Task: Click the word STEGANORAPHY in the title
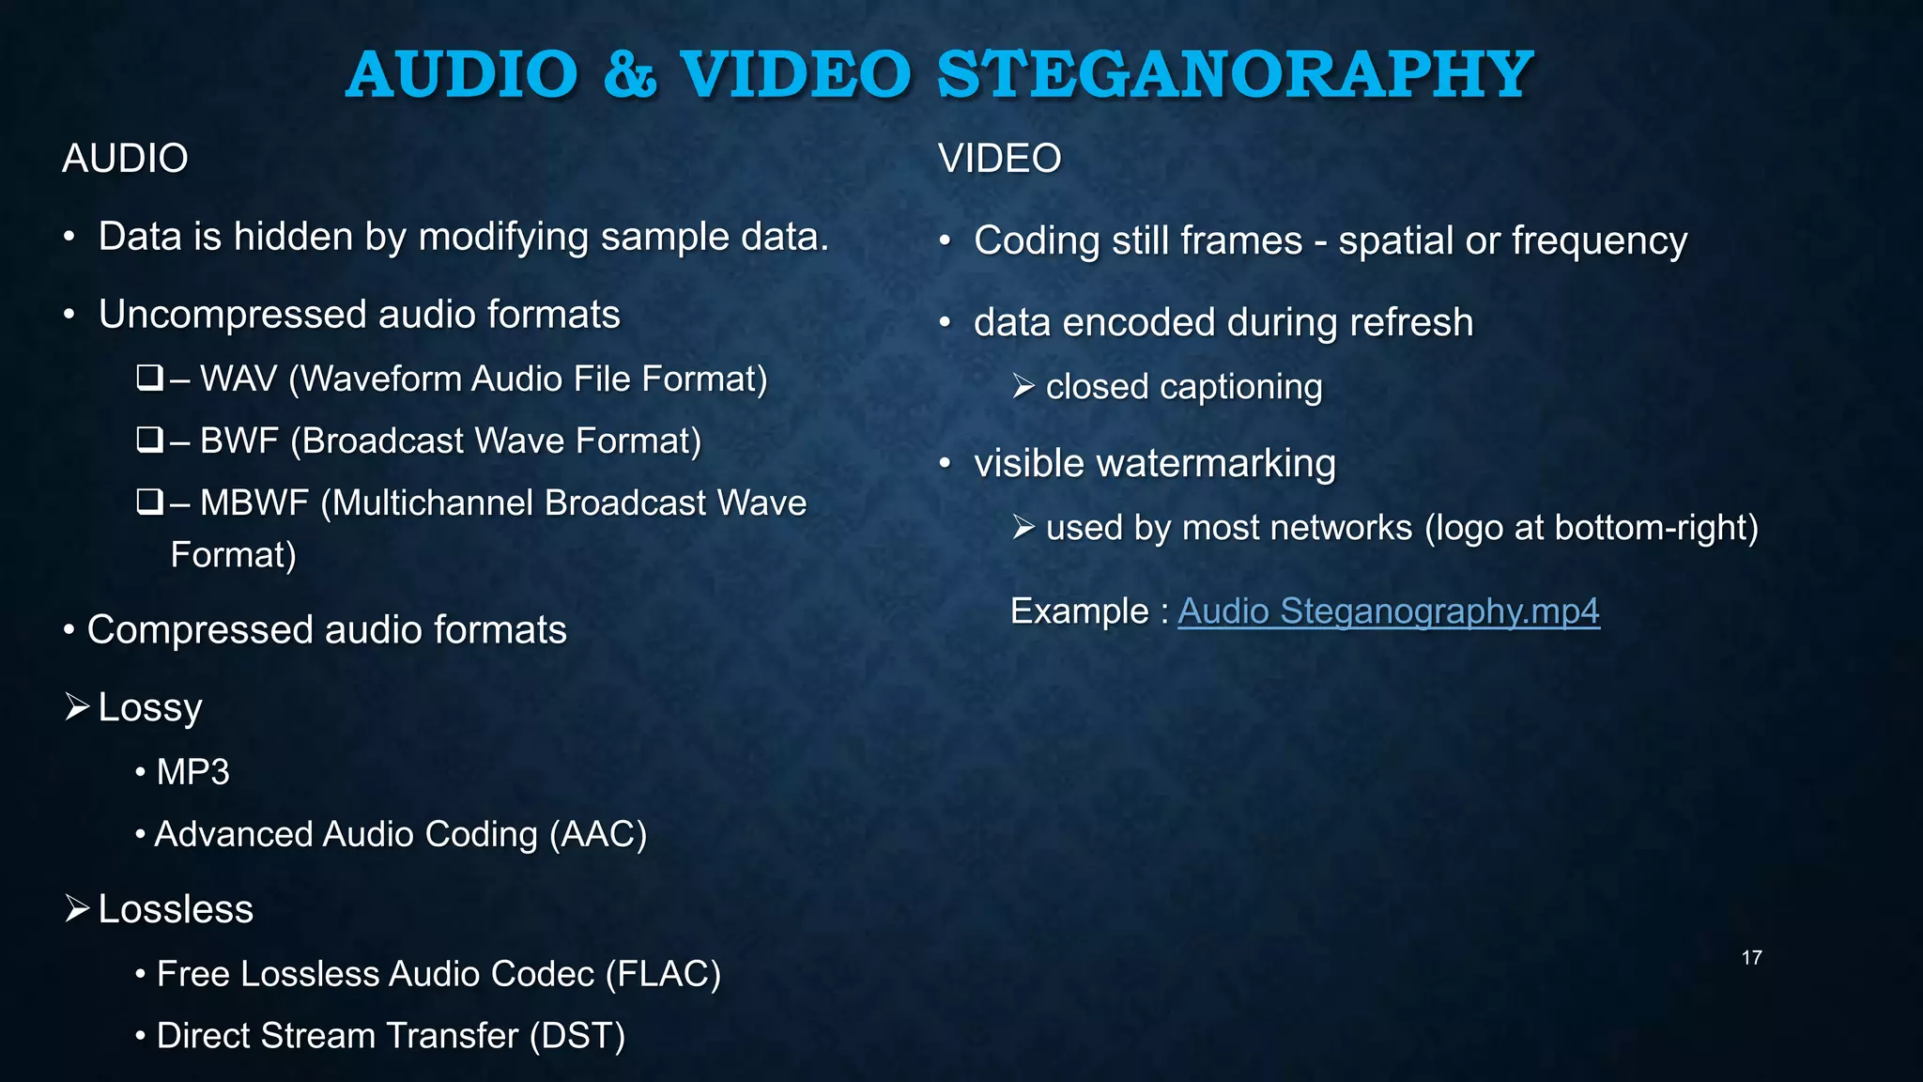(1235, 74)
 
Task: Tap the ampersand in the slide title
(629, 74)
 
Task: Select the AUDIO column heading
(125, 158)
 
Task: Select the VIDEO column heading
(1000, 158)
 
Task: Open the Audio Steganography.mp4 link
(1388, 611)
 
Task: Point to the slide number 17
(1751, 958)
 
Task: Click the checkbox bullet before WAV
(149, 379)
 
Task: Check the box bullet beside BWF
(149, 441)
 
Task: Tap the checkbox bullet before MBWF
(149, 502)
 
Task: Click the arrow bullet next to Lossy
(77, 707)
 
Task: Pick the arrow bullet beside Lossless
(77, 909)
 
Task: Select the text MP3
(193, 772)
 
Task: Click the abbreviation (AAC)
(598, 834)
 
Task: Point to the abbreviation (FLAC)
(663, 974)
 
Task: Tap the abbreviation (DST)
(577, 1036)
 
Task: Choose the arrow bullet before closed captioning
(1023, 386)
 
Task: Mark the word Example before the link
(1079, 611)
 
